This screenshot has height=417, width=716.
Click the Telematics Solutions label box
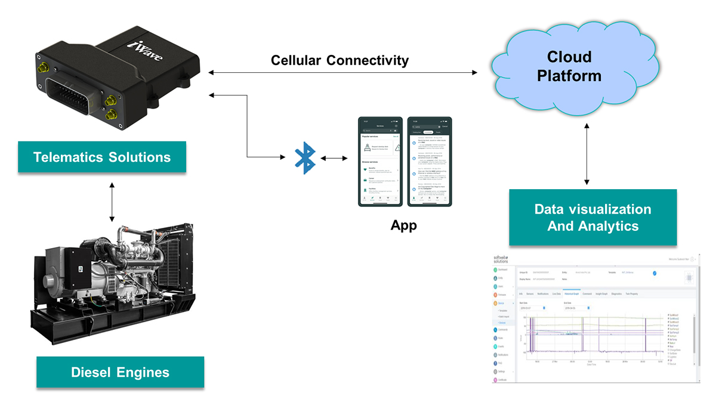coord(102,157)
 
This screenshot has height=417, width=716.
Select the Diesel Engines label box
coord(120,372)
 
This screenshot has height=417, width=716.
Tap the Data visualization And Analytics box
coord(592,218)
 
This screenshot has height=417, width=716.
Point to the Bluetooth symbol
coord(306,158)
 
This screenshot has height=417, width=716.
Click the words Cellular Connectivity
coord(340,60)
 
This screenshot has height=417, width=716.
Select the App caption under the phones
coord(403,226)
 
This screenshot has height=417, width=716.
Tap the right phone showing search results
coord(428,162)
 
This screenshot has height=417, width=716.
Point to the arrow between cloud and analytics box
coord(588,153)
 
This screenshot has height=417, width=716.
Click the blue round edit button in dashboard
coord(655,273)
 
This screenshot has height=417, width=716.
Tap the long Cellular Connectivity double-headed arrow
coord(343,73)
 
